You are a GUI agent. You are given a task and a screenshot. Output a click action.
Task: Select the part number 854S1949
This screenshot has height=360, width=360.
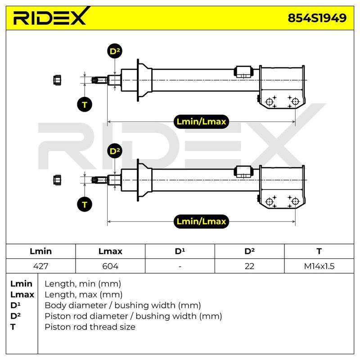[x=317, y=18]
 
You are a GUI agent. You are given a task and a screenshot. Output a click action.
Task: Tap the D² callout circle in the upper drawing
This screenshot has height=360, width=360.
[x=115, y=51]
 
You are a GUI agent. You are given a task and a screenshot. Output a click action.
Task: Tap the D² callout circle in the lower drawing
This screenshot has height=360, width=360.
[x=115, y=151]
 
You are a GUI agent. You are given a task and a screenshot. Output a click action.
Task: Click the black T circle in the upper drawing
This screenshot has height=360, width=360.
[x=85, y=104]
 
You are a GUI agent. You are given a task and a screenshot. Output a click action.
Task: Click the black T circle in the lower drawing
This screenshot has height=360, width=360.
[x=85, y=204]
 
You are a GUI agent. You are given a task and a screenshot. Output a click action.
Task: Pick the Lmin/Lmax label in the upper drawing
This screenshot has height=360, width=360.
[x=201, y=121]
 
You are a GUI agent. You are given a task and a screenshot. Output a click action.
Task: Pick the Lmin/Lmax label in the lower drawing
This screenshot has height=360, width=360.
[x=201, y=221]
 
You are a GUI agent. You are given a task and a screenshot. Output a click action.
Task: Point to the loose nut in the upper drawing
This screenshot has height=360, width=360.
[x=57, y=80]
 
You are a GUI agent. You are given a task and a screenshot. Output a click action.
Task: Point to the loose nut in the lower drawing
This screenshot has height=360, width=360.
[x=57, y=180]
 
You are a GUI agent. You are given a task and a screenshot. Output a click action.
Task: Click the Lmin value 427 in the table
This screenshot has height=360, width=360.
[x=40, y=266]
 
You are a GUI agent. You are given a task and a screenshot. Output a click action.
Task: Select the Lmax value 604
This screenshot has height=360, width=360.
[x=110, y=266]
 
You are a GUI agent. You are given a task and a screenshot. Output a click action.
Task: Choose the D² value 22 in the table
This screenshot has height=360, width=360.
[x=249, y=266]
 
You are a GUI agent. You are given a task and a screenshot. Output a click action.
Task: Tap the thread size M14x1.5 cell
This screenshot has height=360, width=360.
[x=319, y=266]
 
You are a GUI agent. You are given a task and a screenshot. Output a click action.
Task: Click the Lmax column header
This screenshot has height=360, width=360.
[x=110, y=251]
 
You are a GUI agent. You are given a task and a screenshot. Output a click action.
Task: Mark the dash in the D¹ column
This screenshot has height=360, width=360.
[x=180, y=266]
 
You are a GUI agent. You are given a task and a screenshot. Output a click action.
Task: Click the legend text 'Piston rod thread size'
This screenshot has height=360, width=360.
[x=90, y=327]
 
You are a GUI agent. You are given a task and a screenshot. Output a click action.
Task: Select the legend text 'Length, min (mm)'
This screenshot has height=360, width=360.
[x=83, y=284]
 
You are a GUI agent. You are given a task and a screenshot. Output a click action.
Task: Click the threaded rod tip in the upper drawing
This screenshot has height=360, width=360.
[x=99, y=80]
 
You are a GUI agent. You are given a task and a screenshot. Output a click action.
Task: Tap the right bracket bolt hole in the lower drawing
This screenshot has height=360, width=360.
[x=295, y=201]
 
